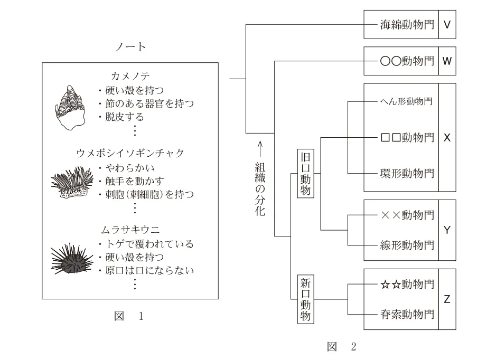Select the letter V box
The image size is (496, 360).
coord(447,24)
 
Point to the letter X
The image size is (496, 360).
coord(447,138)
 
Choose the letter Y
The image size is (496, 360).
coord(447,230)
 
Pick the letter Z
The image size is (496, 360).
coord(447,299)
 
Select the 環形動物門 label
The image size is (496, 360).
coord(407,173)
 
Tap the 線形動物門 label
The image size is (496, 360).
coord(407,244)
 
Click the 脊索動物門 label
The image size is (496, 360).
coord(407,314)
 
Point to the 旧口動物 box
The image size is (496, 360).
coord(306,173)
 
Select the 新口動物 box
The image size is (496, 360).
coord(306,299)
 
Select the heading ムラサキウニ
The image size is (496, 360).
coord(130,230)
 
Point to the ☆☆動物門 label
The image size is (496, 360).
coord(407,285)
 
